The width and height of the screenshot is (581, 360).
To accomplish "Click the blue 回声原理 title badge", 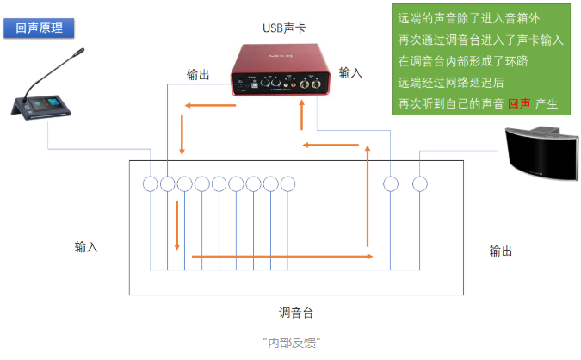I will click(39, 28).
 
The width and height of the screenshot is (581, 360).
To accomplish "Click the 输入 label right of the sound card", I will click(351, 73).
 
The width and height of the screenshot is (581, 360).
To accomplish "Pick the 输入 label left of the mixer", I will click(86, 247).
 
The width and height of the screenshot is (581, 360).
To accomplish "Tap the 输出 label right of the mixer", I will click(501, 251).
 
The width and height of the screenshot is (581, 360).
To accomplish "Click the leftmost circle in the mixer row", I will click(151, 183).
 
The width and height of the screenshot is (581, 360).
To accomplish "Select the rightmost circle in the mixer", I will click(419, 183).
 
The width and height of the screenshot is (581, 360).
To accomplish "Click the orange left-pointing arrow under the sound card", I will click(207, 106).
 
